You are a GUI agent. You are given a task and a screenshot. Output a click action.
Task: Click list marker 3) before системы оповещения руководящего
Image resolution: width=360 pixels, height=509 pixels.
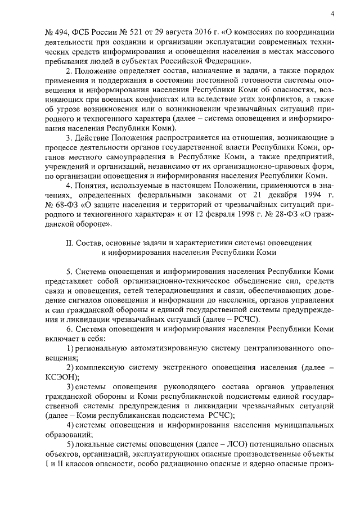tap(70, 386)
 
